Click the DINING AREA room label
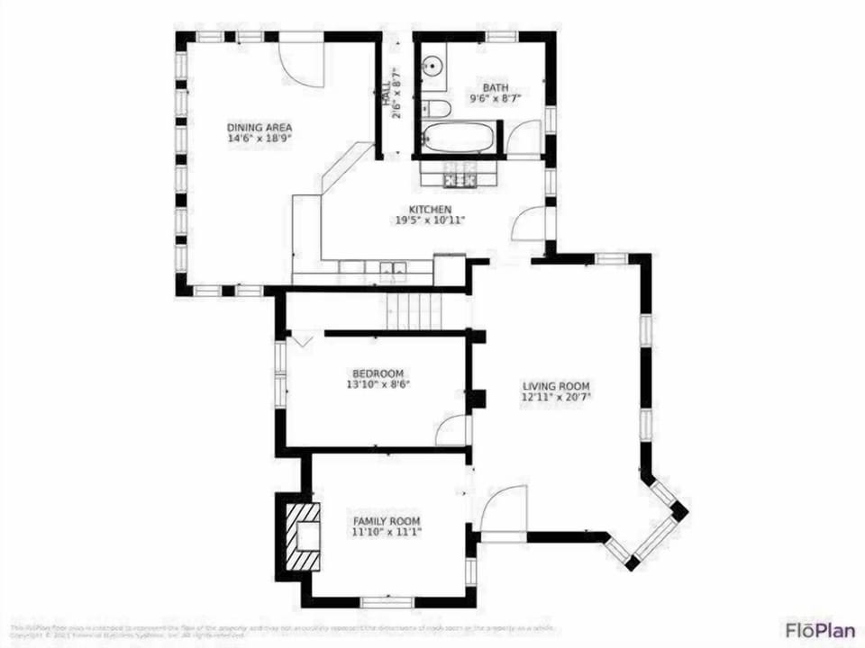point(259,127)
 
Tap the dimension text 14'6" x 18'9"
point(259,139)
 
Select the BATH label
point(495,87)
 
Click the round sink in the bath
point(433,66)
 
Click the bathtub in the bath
point(458,140)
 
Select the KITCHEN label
point(430,209)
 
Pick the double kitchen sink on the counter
point(392,267)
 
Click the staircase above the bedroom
point(415,312)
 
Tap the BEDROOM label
point(378,373)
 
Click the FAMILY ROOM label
point(386,521)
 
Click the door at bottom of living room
point(503,510)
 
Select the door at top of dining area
point(301,57)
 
